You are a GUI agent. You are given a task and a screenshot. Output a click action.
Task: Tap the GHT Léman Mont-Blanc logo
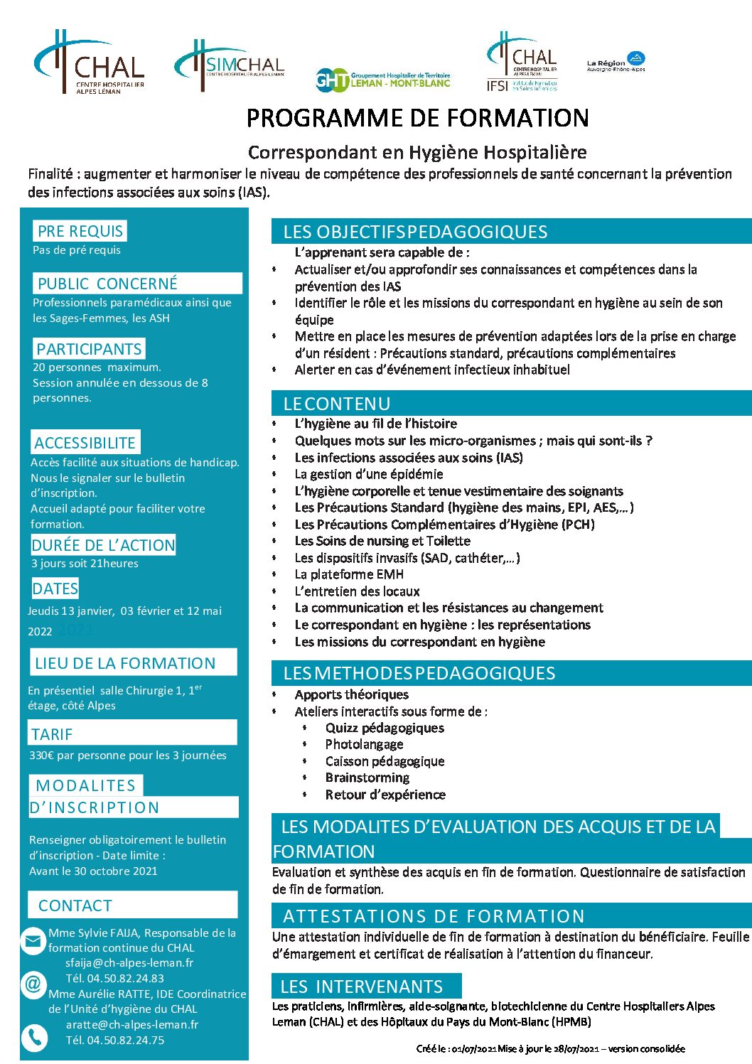click(382, 80)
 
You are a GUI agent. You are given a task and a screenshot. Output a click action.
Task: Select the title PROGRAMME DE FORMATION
click(417, 118)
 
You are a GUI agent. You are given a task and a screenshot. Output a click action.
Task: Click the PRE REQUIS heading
click(80, 231)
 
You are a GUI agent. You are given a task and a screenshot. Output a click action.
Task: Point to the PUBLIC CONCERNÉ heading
click(107, 284)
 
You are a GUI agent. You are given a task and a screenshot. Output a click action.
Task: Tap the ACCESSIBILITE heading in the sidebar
click(85, 443)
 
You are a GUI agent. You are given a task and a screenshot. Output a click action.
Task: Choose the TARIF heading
click(52, 734)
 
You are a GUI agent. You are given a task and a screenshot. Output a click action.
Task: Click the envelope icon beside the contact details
click(33, 941)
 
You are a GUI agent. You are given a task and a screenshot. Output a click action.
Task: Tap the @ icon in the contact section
click(33, 984)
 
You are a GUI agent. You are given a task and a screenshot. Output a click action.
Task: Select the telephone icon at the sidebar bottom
click(33, 1038)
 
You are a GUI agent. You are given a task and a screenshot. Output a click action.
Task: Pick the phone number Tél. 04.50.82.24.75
click(115, 1040)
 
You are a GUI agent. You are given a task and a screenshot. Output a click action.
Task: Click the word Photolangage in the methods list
click(364, 744)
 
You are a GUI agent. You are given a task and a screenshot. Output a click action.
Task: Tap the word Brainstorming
click(367, 778)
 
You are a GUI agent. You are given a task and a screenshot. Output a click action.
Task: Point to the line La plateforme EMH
click(349, 574)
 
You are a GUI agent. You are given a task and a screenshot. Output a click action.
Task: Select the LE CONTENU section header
click(336, 404)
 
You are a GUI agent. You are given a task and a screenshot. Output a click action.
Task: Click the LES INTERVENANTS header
click(362, 987)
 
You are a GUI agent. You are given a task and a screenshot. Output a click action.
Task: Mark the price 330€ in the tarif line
click(41, 756)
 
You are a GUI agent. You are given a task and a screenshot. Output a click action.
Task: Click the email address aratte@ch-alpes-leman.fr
click(132, 1025)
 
